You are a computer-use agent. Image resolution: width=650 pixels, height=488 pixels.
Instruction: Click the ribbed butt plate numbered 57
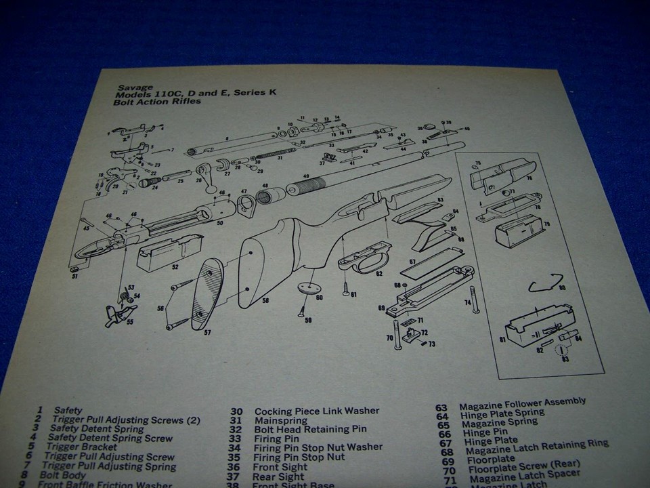[x=208, y=294]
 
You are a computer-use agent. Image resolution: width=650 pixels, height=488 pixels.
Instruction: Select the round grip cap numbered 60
[x=309, y=287]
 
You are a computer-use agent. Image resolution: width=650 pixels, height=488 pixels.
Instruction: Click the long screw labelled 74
[x=475, y=298]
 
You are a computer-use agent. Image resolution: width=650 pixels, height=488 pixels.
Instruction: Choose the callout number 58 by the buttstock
[x=265, y=300]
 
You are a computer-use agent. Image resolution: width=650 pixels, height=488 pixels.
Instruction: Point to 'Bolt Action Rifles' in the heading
[x=157, y=102]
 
